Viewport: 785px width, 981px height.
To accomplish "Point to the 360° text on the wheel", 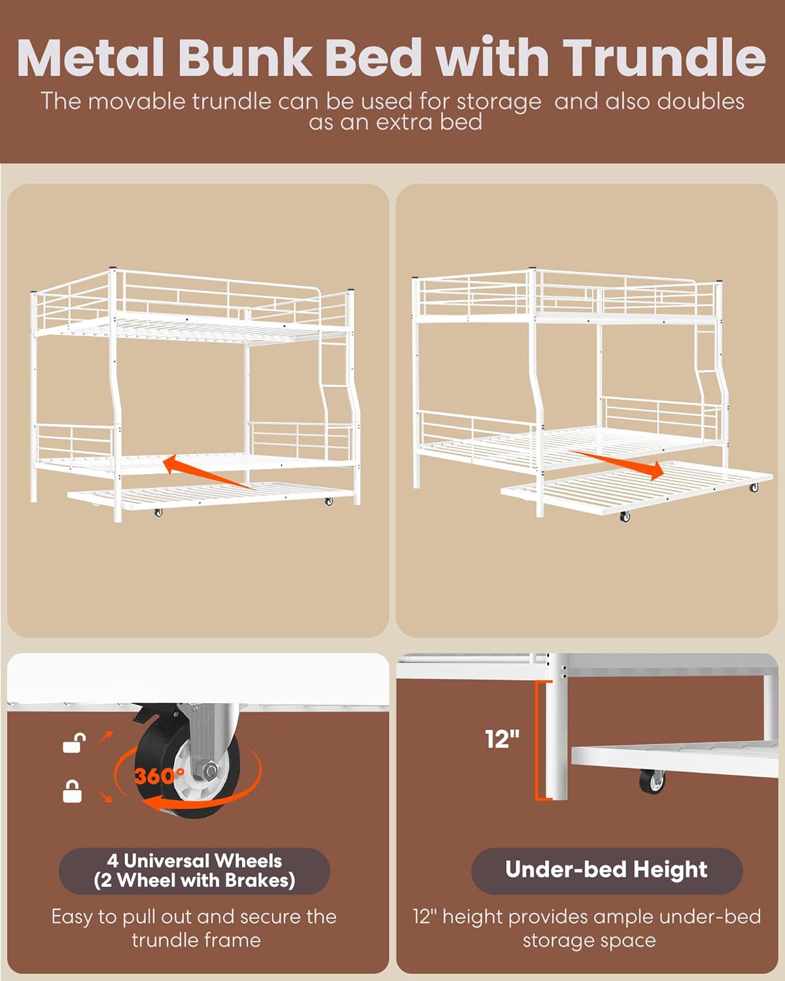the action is click(160, 775).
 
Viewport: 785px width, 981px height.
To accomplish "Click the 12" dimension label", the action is click(502, 740).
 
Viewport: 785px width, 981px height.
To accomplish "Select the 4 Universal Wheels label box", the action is click(194, 870).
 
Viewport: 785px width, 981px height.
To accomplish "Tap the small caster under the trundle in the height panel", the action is click(652, 782).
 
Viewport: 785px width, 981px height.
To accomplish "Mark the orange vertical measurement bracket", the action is click(540, 741).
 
